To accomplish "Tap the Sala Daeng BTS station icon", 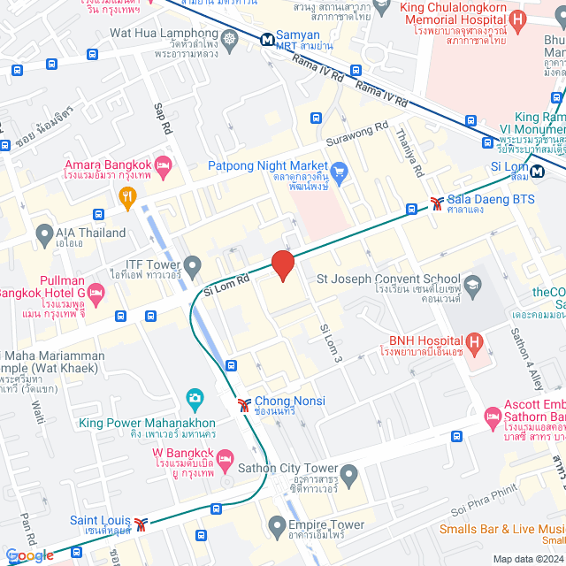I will coord(437,203).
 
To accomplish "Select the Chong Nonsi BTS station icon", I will coord(243,405).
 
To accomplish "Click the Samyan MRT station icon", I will coord(265,39).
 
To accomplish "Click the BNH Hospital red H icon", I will coord(474,342).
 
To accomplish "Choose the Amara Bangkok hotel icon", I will coord(163,165).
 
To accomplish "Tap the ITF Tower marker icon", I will coord(195,263).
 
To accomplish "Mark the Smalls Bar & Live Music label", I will coord(502,530).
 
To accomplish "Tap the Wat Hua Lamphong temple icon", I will coord(231,39).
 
